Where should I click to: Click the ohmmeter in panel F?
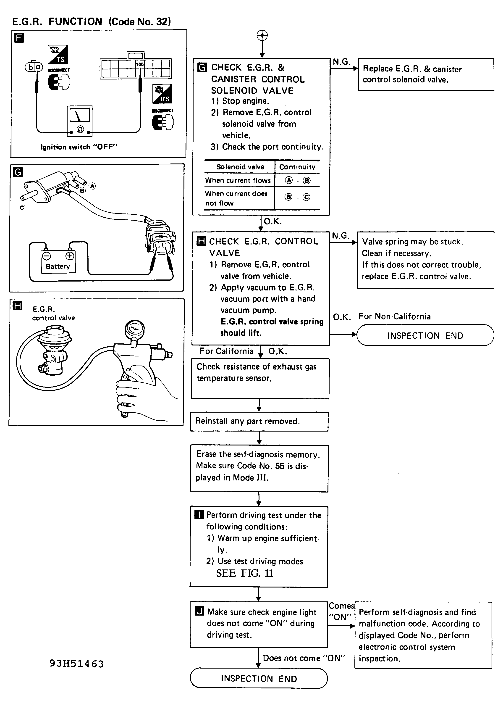(x=80, y=121)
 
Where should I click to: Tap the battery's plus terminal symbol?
(x=70, y=256)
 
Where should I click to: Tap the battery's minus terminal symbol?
(x=47, y=256)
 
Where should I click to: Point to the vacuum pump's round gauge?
(x=134, y=329)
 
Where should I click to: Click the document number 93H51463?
(x=76, y=664)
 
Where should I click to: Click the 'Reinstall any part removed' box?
(x=259, y=421)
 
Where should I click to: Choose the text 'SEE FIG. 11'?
(x=244, y=573)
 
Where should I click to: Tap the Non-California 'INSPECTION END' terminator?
(x=425, y=335)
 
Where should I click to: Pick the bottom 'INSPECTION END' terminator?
(x=259, y=678)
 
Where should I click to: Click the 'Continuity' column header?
(x=297, y=167)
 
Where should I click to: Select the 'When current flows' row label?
(x=238, y=180)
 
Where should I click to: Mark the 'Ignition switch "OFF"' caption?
(x=79, y=147)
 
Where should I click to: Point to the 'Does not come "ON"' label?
(x=304, y=658)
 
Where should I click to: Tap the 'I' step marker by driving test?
(x=199, y=515)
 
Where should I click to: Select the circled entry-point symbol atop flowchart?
(x=262, y=35)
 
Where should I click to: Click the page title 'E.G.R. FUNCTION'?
(x=57, y=21)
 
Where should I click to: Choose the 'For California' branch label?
(x=226, y=351)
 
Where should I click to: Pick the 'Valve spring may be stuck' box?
(x=425, y=260)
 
